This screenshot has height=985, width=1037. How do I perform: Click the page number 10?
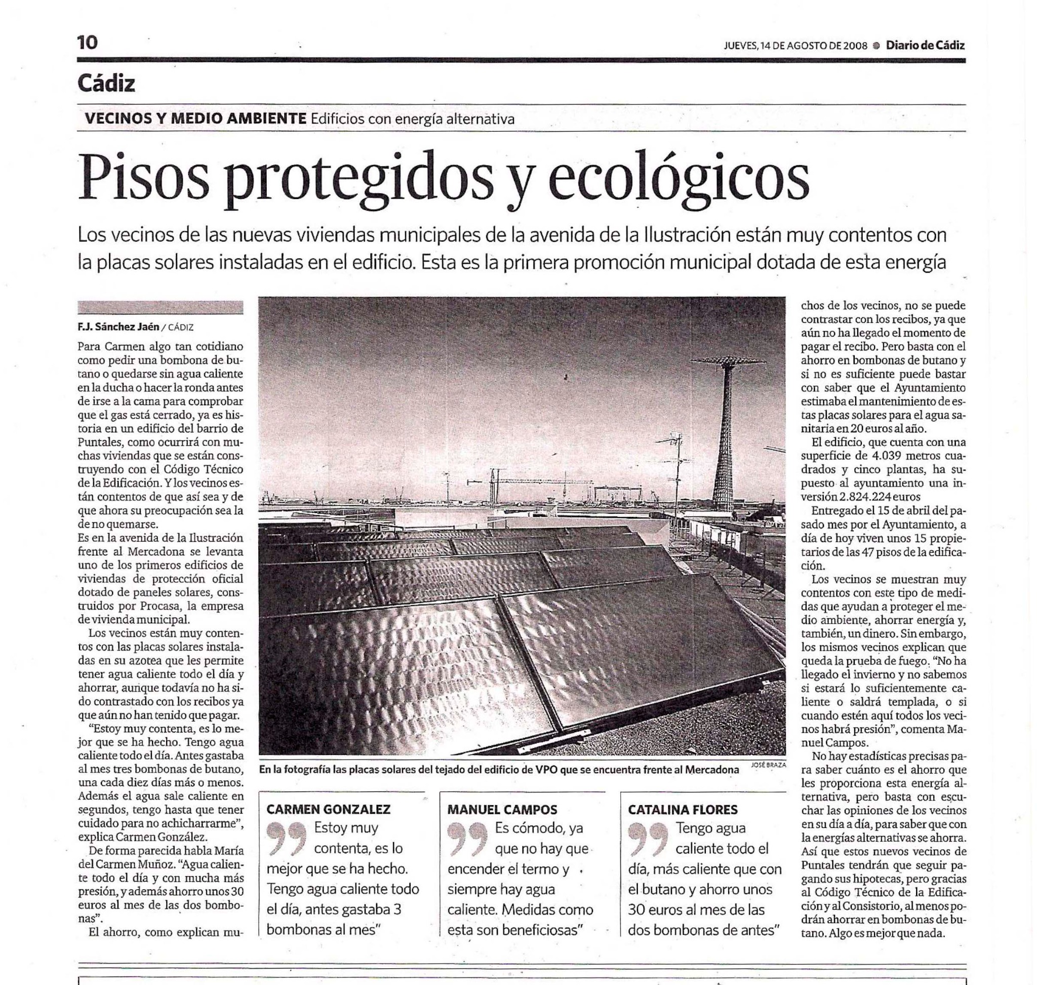[88, 42]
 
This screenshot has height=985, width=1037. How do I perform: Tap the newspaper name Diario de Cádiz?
[925, 46]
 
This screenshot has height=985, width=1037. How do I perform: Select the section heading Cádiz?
[106, 83]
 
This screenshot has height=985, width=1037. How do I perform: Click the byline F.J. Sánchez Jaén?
[118, 327]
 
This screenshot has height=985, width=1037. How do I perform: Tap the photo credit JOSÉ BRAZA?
[768, 765]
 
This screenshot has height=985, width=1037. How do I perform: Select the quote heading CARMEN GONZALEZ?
[328, 809]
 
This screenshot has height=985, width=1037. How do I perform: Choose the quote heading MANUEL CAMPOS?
[502, 809]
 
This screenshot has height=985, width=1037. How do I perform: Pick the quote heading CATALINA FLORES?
[683, 809]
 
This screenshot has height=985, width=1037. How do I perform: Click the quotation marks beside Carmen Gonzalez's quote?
[287, 837]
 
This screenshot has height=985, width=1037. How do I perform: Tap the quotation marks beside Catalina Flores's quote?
[648, 837]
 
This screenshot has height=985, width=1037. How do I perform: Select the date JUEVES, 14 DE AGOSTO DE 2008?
[795, 46]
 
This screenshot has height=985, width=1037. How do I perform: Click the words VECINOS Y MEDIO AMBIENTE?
[195, 119]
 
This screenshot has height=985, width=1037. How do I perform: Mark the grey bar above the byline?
[160, 307]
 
